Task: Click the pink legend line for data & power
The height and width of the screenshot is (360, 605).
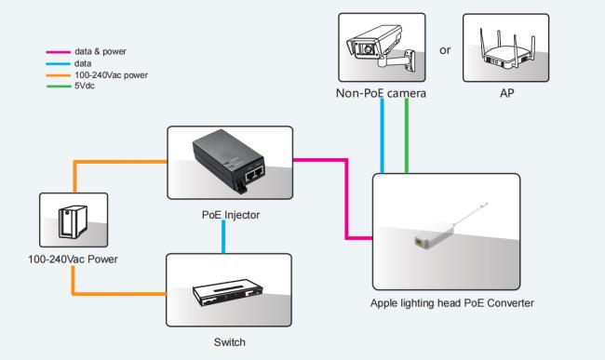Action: [x=59, y=52]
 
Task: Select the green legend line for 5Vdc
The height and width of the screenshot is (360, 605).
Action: [x=59, y=86]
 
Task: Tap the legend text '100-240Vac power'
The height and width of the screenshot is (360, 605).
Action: [x=111, y=74]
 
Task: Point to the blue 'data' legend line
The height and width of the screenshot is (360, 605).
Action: [x=59, y=63]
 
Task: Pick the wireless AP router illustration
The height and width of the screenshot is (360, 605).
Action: [x=506, y=49]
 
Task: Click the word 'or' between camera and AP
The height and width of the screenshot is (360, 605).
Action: [x=445, y=50]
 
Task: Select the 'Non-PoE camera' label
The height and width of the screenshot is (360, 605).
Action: [x=381, y=93]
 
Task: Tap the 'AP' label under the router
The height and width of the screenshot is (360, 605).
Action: [x=506, y=93]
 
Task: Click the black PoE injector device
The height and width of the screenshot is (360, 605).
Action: [x=229, y=162]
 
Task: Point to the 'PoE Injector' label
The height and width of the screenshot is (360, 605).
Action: [x=231, y=215]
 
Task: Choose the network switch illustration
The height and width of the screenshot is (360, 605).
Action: [x=228, y=292]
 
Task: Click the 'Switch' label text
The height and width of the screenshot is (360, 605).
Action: [x=230, y=342]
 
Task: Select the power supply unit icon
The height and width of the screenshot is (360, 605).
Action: [x=73, y=221]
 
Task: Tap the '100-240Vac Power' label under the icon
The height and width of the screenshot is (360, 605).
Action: [x=73, y=259]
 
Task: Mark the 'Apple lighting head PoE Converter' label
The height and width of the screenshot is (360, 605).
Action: [x=452, y=303]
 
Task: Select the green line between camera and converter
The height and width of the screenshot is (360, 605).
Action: [x=407, y=135]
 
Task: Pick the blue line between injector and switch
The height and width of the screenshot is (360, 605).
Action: [x=223, y=236]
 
